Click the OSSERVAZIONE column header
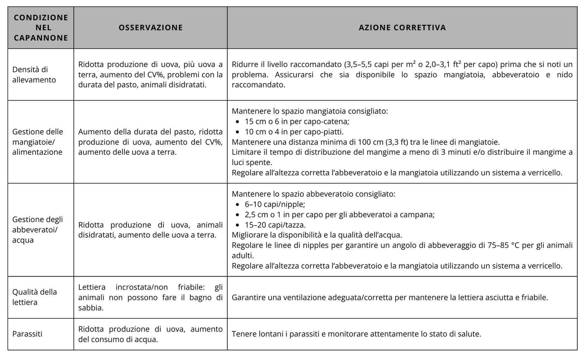click(x=151, y=28)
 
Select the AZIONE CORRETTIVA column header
click(x=402, y=28)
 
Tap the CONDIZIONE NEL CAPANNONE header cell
click(x=41, y=28)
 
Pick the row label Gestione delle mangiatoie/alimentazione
click(x=37, y=142)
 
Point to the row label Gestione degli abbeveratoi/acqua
click(x=37, y=230)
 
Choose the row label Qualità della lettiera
click(x=35, y=297)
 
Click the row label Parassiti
click(x=27, y=334)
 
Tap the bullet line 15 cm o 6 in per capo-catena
click(x=297, y=122)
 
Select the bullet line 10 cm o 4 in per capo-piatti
click(x=294, y=132)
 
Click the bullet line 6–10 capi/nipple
click(x=275, y=204)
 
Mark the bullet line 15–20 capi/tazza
click(x=275, y=225)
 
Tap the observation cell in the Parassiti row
click(x=150, y=334)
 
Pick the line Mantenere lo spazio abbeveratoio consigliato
click(x=313, y=194)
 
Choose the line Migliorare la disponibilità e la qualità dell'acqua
click(x=317, y=235)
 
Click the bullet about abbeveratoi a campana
click(x=339, y=215)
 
